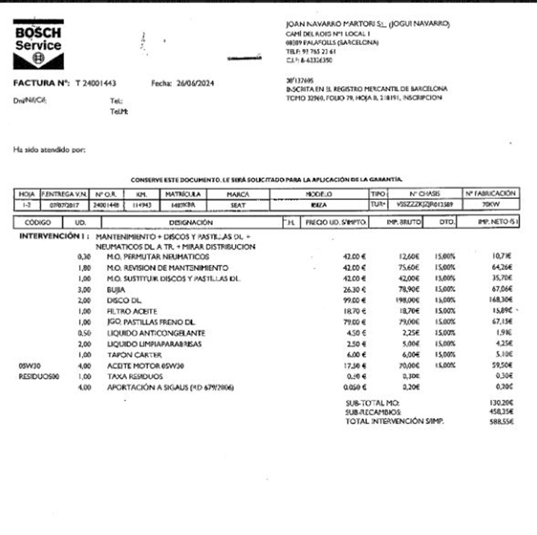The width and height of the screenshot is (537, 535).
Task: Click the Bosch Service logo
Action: tap(38, 44)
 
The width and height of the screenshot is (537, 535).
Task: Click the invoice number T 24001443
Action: tap(96, 83)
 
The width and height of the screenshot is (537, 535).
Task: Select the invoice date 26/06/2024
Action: tap(195, 83)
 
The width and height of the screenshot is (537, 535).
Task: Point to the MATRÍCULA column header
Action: tap(183, 194)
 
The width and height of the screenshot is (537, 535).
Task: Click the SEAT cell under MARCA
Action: tap(238, 205)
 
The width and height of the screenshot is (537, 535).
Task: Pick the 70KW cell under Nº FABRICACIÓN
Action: tap(491, 205)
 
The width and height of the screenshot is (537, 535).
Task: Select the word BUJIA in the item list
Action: tap(116, 290)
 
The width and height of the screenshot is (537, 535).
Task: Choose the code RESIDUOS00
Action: tap(39, 377)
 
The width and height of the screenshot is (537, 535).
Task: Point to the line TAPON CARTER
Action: tap(134, 355)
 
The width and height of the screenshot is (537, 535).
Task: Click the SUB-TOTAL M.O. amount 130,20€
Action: tap(501, 403)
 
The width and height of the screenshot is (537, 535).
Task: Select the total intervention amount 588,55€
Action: tap(501, 422)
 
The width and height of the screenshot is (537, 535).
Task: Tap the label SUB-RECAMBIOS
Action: tap(373, 412)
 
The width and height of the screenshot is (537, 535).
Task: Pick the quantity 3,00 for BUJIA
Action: tap(84, 290)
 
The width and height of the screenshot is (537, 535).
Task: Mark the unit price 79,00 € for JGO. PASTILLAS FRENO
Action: tap(354, 322)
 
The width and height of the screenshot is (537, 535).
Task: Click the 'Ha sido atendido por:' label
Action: tap(49, 150)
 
